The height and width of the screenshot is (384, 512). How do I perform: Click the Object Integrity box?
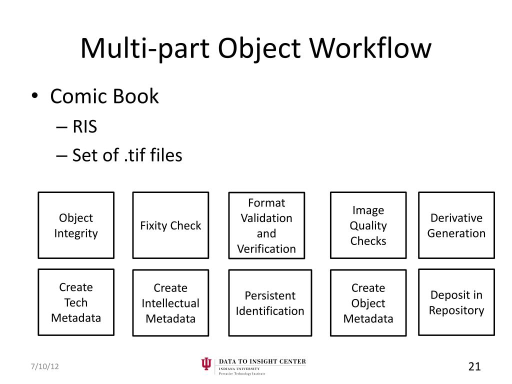76,225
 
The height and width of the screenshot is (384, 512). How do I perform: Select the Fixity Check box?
170,225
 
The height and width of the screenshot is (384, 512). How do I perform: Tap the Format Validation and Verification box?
266,225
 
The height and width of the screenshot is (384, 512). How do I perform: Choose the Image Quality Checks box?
368,225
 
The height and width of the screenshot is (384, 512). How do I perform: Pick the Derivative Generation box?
456,225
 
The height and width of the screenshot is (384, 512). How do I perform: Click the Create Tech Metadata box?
76,302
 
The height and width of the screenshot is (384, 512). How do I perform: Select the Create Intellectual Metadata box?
170,303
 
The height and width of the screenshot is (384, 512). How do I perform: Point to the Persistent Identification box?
270,303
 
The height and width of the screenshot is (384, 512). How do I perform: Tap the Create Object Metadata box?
368,303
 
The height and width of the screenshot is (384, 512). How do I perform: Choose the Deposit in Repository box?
456,302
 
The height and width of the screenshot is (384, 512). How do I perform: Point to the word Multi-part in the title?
144,49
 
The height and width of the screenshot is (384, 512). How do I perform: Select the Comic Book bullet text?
104,96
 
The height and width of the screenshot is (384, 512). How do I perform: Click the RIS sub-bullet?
84,127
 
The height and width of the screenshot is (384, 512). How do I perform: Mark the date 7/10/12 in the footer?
43,366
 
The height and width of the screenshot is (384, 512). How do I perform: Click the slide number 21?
474,366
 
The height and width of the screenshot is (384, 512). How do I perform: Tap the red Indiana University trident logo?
206,365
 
